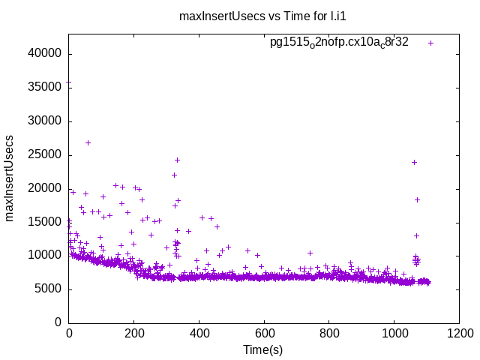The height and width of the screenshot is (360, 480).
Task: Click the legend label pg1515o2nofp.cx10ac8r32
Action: [x=339, y=43]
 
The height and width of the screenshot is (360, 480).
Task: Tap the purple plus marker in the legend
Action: [x=430, y=43]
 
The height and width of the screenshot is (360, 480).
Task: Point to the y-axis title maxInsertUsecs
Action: [x=10, y=178]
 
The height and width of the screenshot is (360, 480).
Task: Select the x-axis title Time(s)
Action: [x=262, y=349]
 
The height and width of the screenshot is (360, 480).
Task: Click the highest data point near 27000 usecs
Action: [x=88, y=142]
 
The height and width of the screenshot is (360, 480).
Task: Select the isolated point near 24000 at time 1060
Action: [x=414, y=162]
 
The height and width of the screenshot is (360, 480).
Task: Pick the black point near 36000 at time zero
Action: [x=69, y=82]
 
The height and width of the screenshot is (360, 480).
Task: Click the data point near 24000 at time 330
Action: [x=177, y=160]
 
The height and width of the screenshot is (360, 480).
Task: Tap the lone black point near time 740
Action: [x=310, y=253]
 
